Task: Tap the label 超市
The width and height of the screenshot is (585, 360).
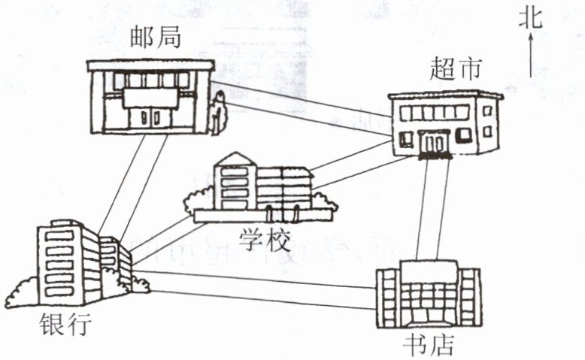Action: [450, 71]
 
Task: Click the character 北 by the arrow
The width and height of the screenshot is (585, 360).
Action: [530, 19]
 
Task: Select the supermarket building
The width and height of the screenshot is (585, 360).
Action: [444, 124]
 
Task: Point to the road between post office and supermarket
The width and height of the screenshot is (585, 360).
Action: [301, 105]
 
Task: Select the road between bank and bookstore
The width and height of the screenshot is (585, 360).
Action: [256, 288]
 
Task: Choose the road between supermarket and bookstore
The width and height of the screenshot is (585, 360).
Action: [434, 210]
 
